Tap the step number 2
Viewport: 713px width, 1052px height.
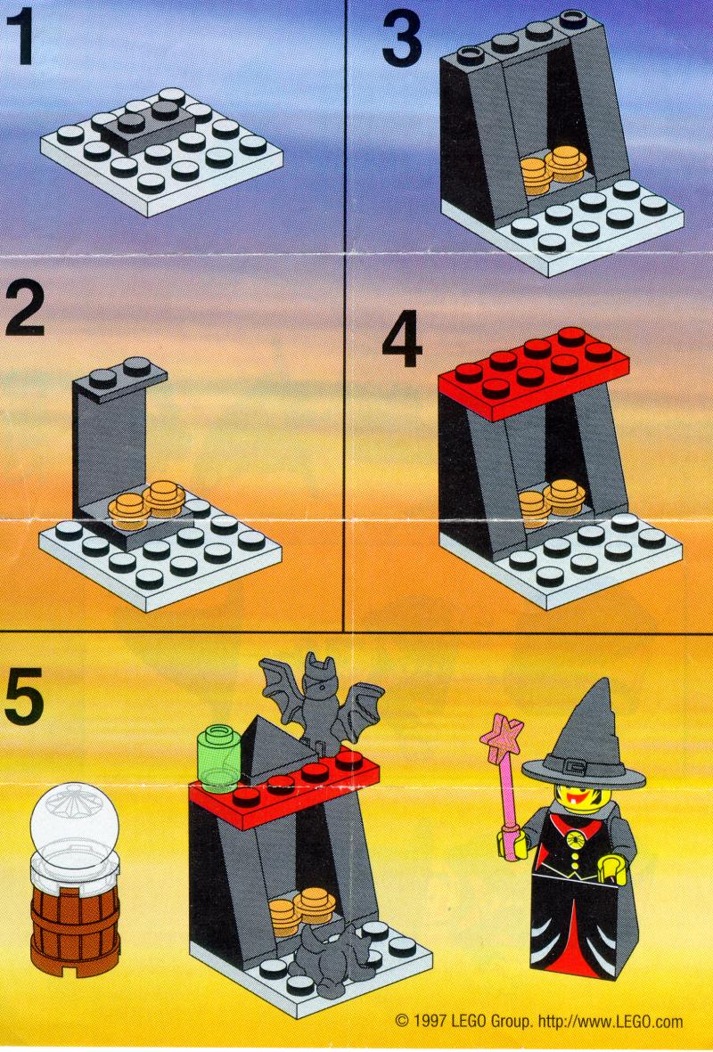[x=24, y=308]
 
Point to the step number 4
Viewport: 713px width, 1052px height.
[x=402, y=344]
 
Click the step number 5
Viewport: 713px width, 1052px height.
[x=24, y=700]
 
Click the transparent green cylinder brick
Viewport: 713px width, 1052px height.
[x=219, y=757]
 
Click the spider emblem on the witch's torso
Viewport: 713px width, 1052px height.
[x=578, y=838]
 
